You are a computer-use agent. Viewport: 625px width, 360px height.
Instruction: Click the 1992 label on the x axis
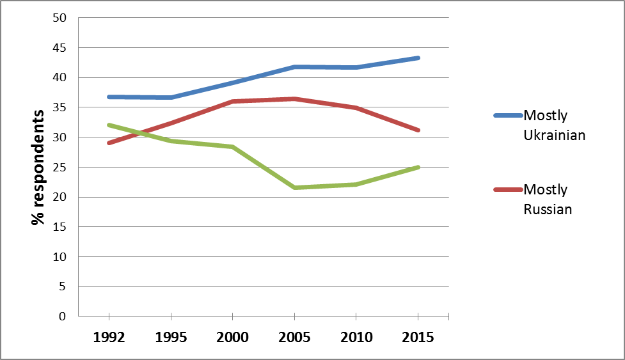pyautogui.click(x=109, y=337)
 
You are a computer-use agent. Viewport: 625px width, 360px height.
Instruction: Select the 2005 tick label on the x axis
pyautogui.click(x=294, y=337)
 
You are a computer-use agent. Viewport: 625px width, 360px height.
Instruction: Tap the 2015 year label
pyautogui.click(x=418, y=337)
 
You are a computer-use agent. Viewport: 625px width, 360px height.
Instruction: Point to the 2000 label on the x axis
pyautogui.click(x=232, y=337)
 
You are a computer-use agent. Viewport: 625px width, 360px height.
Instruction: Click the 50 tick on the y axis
pyautogui.click(x=59, y=18)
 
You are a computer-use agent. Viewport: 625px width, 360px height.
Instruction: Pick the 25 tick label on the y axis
pyautogui.click(x=59, y=167)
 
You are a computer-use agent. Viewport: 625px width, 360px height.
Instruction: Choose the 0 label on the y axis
pyautogui.click(x=63, y=317)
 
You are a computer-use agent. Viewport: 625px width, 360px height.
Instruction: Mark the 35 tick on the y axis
pyautogui.click(x=59, y=107)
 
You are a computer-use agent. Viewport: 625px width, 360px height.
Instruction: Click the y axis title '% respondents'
pyautogui.click(x=39, y=167)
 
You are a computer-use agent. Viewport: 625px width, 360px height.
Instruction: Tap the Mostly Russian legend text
pyautogui.click(x=548, y=199)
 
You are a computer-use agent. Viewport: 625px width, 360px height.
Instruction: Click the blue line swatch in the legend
pyautogui.click(x=508, y=116)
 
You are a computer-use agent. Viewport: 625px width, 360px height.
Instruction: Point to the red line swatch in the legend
pyautogui.click(x=508, y=189)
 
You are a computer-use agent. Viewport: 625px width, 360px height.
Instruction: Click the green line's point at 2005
pyautogui.click(x=294, y=187)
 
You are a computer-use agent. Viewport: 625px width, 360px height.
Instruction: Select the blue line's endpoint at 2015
pyautogui.click(x=418, y=58)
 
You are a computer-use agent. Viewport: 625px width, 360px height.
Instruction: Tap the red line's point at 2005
pyautogui.click(x=294, y=98)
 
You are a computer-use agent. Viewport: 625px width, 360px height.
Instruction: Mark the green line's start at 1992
pyautogui.click(x=109, y=125)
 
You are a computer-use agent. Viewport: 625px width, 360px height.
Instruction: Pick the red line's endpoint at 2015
pyautogui.click(x=418, y=130)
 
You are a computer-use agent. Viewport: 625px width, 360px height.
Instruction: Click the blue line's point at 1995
pyautogui.click(x=171, y=97)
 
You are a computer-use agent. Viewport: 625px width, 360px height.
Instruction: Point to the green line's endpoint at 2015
pyautogui.click(x=418, y=167)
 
